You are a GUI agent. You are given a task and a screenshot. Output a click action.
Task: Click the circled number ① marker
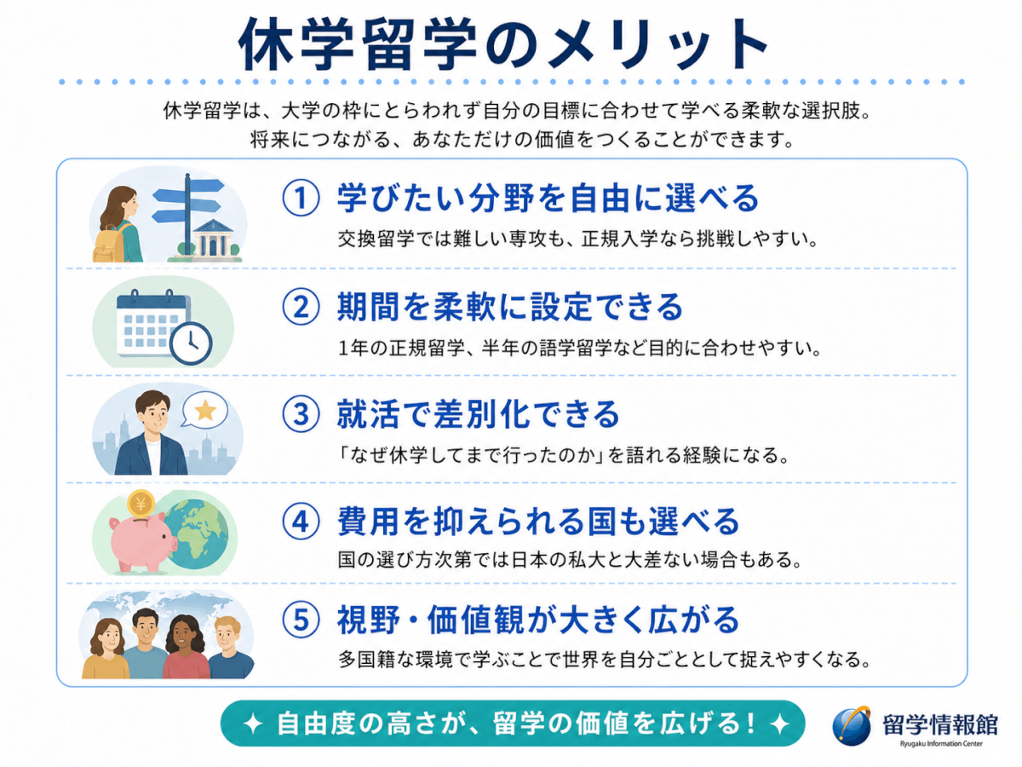(301, 198)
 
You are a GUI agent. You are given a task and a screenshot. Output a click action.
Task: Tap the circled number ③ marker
(301, 414)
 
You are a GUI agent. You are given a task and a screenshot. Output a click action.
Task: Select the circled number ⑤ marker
(301, 620)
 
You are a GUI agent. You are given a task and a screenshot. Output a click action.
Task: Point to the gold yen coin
(141, 504)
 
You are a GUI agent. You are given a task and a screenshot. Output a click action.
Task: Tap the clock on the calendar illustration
(191, 343)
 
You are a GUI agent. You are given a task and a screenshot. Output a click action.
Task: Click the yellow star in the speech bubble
(205, 410)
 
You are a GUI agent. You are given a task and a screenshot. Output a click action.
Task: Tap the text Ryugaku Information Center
(941, 743)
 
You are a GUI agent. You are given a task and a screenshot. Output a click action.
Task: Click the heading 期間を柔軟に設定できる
(510, 307)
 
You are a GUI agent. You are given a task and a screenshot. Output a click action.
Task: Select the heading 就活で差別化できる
(478, 414)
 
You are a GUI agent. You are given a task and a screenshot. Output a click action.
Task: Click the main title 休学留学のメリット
(502, 43)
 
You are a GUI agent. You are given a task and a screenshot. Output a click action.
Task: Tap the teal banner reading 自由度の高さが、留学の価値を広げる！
(513, 724)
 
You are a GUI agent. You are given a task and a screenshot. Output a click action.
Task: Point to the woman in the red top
(187, 648)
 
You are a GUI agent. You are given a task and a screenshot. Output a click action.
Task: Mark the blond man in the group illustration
(230, 649)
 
